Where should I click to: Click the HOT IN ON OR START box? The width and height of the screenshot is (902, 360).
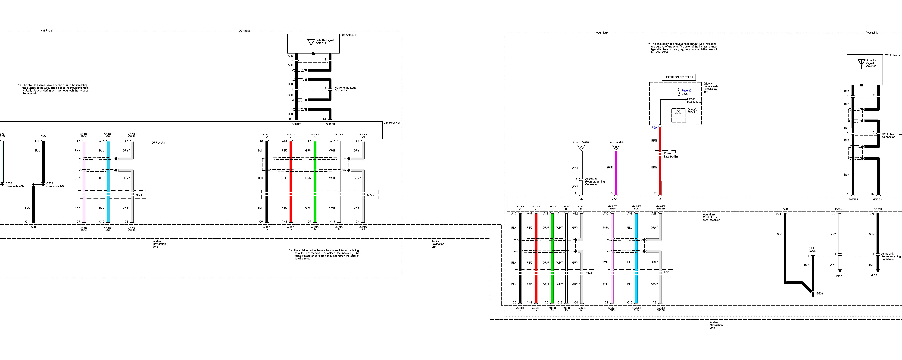coord(679,77)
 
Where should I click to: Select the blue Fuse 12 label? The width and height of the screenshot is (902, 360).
coord(686,90)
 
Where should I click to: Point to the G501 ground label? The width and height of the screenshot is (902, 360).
coord(819,294)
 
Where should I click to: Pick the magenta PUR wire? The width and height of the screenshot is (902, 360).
coord(616,172)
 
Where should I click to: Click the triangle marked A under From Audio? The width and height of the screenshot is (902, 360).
coord(581,147)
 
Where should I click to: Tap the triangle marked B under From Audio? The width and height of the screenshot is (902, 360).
coord(616,147)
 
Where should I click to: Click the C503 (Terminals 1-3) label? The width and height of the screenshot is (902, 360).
coord(55,185)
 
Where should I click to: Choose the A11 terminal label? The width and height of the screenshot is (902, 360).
coord(36,142)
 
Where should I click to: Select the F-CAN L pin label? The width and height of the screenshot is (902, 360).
coord(878,209)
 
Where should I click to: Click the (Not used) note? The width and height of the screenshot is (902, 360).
coord(812,249)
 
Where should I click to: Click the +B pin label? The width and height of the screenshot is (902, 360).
coord(581,199)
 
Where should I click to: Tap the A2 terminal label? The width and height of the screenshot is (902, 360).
coord(655,193)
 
